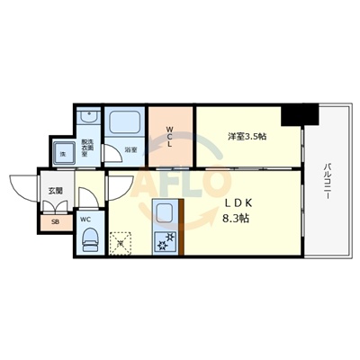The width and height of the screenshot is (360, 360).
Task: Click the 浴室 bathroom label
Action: [x=130, y=149]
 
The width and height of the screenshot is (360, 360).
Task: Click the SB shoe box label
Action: [x=54, y=220]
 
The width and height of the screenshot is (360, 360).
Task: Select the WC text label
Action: [x=84, y=219]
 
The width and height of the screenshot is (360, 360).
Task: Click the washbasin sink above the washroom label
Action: [x=87, y=121]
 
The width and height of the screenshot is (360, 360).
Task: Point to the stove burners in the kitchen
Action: [x=164, y=242]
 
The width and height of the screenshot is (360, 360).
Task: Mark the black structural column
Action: [x=300, y=114]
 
